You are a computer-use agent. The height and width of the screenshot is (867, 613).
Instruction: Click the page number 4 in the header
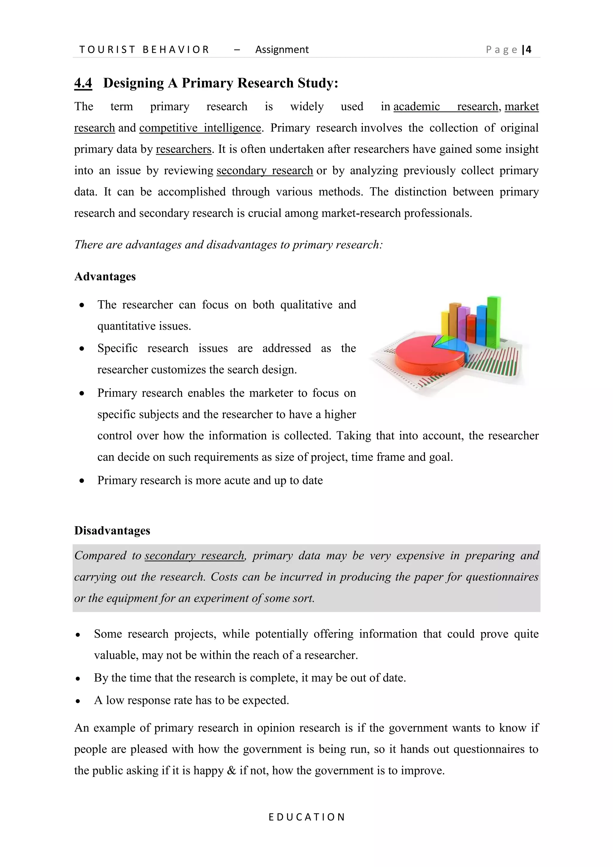tap(529, 49)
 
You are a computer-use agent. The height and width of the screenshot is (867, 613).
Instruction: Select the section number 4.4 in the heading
tap(83, 83)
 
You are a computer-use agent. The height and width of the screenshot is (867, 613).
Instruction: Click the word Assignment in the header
tap(282, 49)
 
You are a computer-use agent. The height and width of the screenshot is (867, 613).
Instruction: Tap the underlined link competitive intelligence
tap(200, 128)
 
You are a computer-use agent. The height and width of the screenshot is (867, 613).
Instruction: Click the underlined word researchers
tap(183, 149)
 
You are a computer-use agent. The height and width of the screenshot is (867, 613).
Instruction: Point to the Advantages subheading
tap(105, 276)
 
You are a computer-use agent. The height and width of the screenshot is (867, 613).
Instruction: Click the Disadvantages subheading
tap(112, 530)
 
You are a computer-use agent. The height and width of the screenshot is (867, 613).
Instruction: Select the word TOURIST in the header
tap(107, 49)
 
